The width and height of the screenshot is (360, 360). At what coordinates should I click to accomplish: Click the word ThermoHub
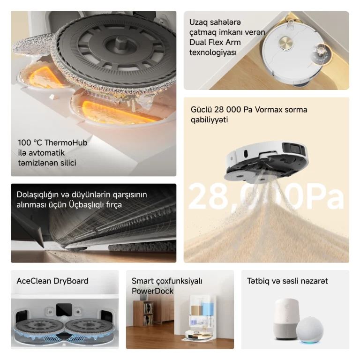[x=66, y=142]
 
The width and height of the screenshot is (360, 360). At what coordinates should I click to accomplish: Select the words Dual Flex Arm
[x=215, y=43]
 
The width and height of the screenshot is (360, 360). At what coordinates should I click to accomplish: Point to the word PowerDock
[x=152, y=291]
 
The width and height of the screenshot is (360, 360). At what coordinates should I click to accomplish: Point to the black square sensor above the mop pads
[x=64, y=310]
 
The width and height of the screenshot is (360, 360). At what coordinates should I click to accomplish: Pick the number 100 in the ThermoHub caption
[x=24, y=143]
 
